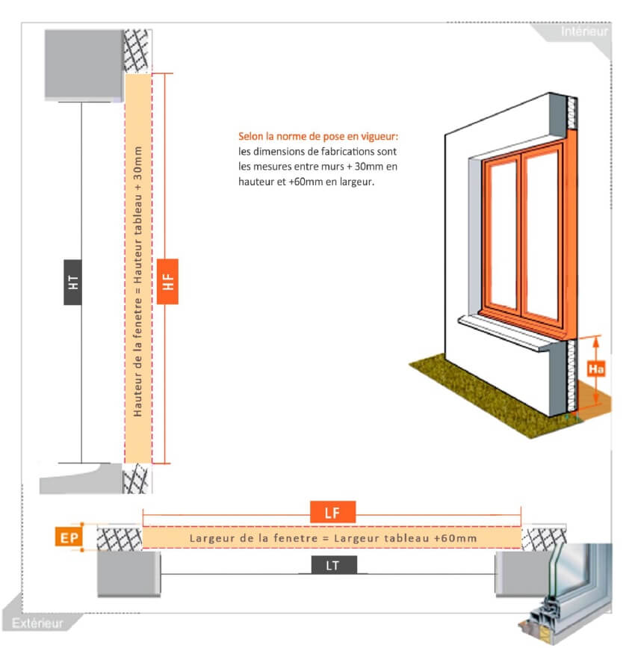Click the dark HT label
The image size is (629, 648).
(72, 283)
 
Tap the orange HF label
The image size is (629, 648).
(167, 282)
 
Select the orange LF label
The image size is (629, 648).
(332, 513)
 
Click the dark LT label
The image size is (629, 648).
(333, 565)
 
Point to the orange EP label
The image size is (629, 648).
(69, 537)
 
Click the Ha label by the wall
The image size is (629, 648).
(596, 368)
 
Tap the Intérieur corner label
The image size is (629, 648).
(584, 31)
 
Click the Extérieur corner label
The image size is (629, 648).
(37, 623)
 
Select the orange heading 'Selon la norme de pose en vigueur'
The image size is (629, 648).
(318, 136)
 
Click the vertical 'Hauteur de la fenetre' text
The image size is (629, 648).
(137, 357)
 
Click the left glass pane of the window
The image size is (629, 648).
(503, 235)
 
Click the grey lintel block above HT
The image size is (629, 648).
(84, 65)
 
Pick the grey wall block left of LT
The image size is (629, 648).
(128, 573)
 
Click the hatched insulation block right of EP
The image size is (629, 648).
(120, 538)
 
